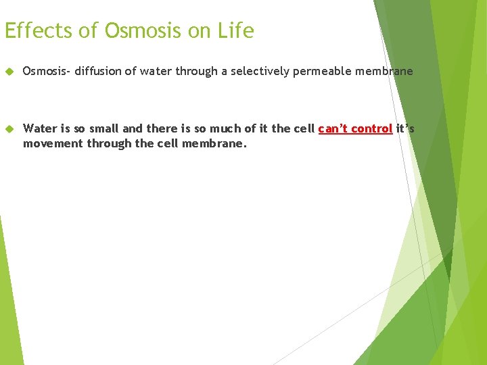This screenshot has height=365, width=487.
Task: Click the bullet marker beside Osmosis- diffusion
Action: pos(9,71)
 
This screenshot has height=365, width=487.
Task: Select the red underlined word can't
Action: pos(331,128)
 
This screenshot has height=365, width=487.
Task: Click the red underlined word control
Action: pos(371,128)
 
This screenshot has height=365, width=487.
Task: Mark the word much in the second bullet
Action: pos(210,128)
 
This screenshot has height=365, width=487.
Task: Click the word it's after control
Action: pos(405,128)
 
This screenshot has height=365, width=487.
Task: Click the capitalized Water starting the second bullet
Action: pos(40,128)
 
